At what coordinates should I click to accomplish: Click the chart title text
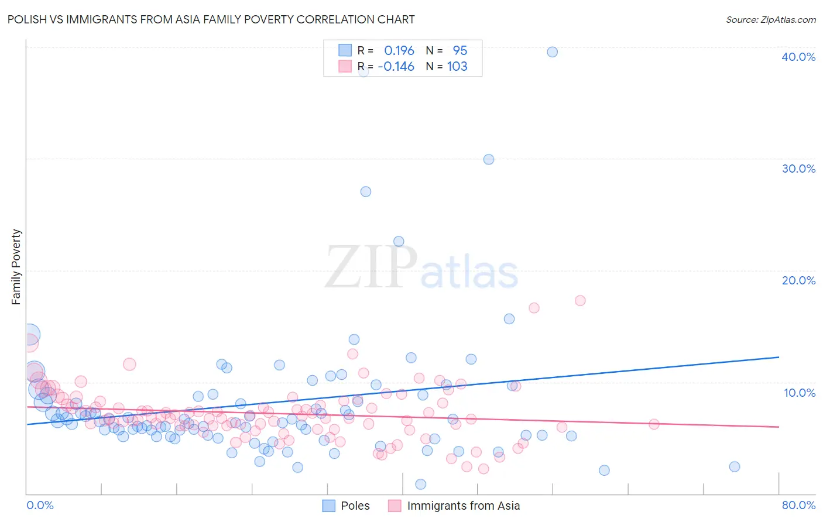tap(211, 20)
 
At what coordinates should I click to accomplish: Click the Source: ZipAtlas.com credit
tap(770, 20)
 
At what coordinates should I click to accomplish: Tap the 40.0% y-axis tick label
tap(798, 57)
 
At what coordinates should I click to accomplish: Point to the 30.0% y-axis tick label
tap(798, 169)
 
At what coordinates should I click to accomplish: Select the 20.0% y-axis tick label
tap(798, 280)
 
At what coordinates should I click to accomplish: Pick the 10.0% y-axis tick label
tap(800, 393)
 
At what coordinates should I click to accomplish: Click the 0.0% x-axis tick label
tap(40, 505)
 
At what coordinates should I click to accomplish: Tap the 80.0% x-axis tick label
tap(798, 505)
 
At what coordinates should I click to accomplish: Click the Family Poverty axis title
tap(16, 267)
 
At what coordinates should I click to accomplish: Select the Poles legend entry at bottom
tap(355, 506)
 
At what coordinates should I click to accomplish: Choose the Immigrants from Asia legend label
tap(463, 506)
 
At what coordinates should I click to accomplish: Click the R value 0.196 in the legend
tap(399, 51)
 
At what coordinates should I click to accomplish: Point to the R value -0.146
tap(396, 67)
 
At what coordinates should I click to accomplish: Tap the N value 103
tap(457, 67)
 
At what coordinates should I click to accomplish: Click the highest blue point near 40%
tap(552, 52)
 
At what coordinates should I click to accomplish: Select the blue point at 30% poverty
tap(489, 159)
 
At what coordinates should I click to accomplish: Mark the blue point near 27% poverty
tap(366, 191)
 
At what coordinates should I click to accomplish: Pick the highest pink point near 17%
tap(580, 301)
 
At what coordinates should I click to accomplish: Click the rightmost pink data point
tap(654, 424)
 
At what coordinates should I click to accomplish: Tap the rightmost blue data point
tap(735, 466)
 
